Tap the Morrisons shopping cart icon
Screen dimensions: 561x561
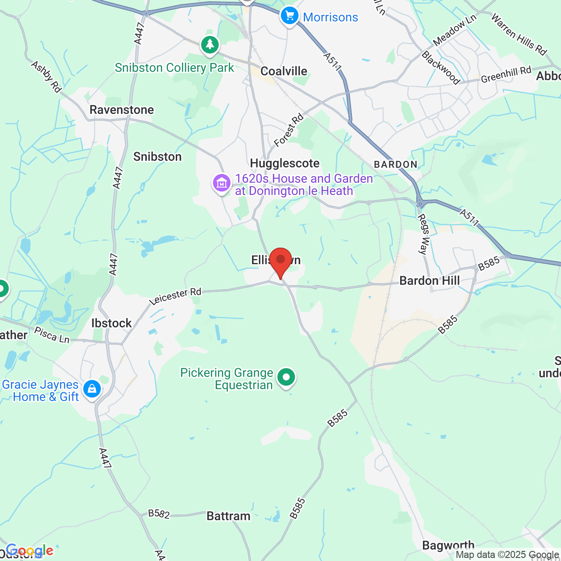pyautogui.click(x=289, y=16)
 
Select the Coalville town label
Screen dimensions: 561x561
pyautogui.click(x=284, y=71)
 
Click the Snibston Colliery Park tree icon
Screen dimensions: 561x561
pyautogui.click(x=210, y=45)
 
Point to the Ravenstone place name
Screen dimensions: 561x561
pyautogui.click(x=122, y=110)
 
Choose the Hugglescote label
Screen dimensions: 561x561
pyautogui.click(x=284, y=163)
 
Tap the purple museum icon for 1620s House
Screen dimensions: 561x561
pyautogui.click(x=222, y=183)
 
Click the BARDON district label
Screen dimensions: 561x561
pyautogui.click(x=395, y=164)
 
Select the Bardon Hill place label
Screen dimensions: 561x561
pyautogui.click(x=430, y=280)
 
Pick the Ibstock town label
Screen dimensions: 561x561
pyautogui.click(x=111, y=323)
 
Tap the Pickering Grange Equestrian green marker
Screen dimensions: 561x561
pyautogui.click(x=286, y=377)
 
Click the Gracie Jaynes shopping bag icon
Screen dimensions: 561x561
pyautogui.click(x=92, y=389)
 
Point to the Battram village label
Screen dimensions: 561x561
pyautogui.click(x=228, y=516)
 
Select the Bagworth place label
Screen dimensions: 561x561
pyautogui.click(x=448, y=545)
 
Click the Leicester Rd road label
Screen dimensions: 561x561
pyautogui.click(x=175, y=297)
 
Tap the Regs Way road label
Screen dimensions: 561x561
pyautogui.click(x=423, y=234)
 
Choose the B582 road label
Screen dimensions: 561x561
pyautogui.click(x=159, y=513)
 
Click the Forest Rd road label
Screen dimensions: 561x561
pyautogui.click(x=288, y=130)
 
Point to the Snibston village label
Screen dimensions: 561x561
pyautogui.click(x=157, y=156)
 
